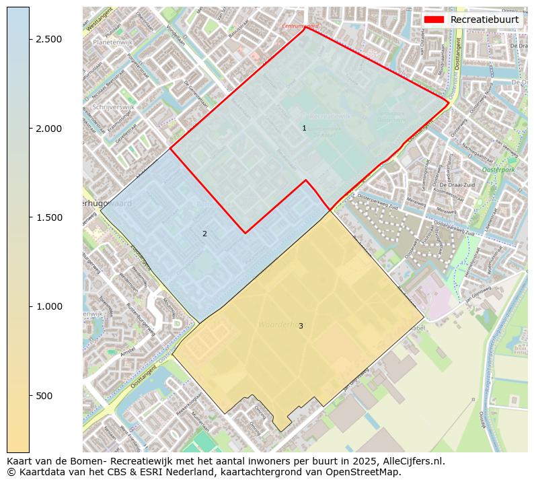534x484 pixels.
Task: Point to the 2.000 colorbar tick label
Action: point(48,129)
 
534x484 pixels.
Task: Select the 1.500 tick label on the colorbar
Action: point(48,217)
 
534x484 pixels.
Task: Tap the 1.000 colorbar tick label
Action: point(48,306)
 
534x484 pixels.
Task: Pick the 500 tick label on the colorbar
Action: point(44,396)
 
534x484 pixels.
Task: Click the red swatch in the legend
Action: point(434,20)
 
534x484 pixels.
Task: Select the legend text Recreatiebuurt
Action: point(484,20)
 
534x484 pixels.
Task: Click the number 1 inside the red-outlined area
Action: point(304,128)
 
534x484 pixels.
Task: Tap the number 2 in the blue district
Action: point(204,234)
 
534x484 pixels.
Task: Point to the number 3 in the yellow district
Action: point(301,326)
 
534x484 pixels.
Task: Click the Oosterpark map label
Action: point(498,170)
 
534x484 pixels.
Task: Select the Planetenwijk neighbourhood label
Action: point(112,41)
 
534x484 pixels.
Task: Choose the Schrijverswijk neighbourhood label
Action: point(114,106)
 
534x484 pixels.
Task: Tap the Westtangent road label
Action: point(100,22)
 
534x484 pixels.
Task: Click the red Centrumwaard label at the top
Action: point(300,26)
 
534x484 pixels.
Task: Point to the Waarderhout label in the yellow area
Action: point(277,324)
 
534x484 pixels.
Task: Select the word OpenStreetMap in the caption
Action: point(367,472)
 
